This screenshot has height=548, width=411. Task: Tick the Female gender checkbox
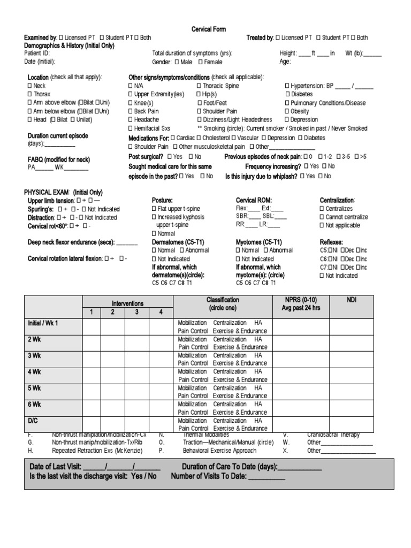tap(199, 62)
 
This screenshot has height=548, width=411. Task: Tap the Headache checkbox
tap(131, 120)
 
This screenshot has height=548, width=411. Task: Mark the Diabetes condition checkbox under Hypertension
tap(287, 94)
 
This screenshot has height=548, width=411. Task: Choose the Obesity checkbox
tap(287, 111)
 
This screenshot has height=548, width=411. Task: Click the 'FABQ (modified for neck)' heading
tap(58, 159)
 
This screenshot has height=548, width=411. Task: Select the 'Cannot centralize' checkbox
tap(322, 217)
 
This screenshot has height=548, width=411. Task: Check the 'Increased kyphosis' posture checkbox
tap(154, 217)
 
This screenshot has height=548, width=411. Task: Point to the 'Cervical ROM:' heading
tap(254, 200)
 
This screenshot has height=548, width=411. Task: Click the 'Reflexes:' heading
tap(331, 242)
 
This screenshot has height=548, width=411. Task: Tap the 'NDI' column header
tap(352, 300)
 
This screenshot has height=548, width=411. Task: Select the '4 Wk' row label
tap(34, 371)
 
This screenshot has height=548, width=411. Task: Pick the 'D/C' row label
tap(33, 421)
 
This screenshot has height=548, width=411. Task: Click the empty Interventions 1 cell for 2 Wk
tap(92, 343)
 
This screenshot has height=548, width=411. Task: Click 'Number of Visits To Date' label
tap(209, 476)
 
